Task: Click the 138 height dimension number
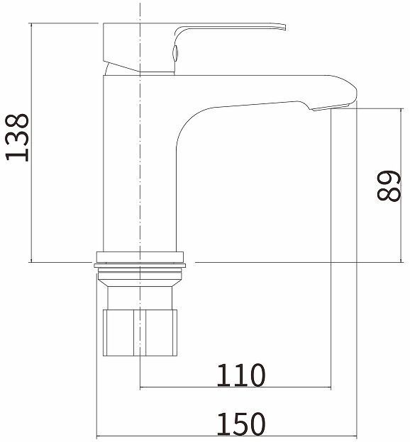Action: tap(17, 137)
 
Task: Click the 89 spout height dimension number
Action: tap(389, 186)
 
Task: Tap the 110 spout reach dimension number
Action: tap(241, 375)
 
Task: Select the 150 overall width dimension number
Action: tap(241, 424)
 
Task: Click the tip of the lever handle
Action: tap(285, 27)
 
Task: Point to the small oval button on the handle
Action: tap(175, 52)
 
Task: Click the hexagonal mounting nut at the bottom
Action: tap(140, 333)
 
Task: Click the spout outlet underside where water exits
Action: tap(330, 108)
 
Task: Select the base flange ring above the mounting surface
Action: tap(140, 256)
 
